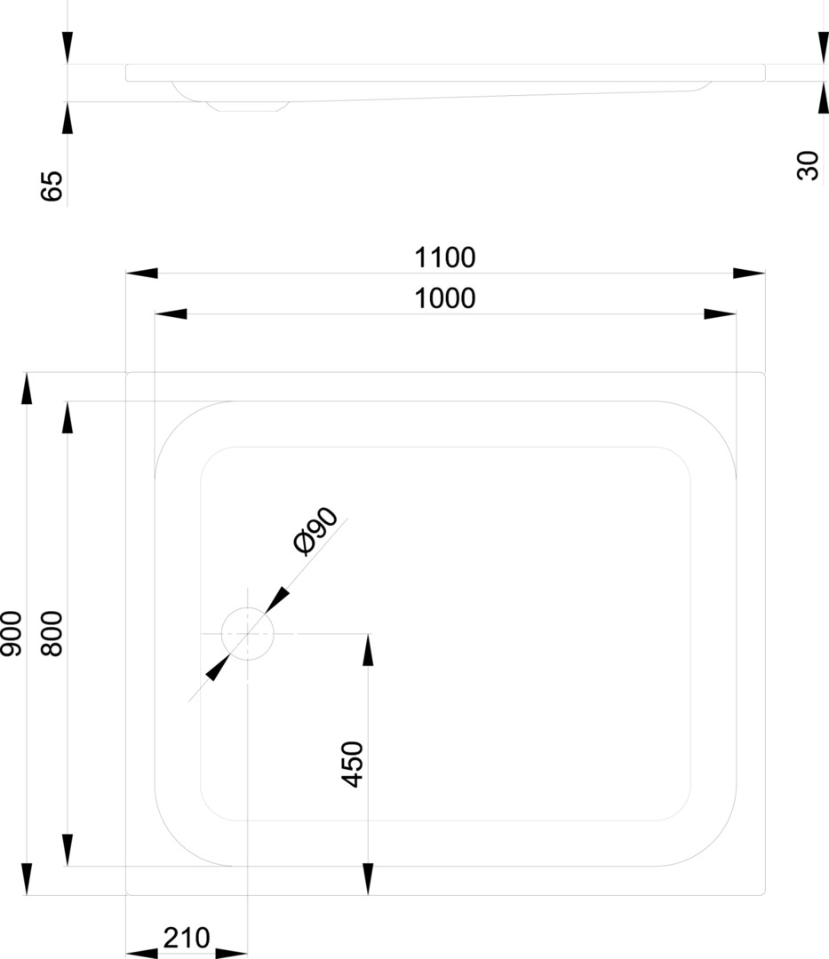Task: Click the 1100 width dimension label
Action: tap(445, 258)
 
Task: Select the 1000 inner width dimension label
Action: tap(445, 298)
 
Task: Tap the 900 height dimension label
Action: tap(12, 634)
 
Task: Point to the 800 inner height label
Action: tap(52, 634)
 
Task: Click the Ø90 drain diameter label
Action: tap(315, 531)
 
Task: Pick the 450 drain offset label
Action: tap(353, 765)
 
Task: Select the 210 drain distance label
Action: tap(187, 938)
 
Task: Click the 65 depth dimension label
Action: tap(52, 186)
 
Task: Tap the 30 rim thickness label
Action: tap(808, 165)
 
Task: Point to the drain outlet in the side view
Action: tap(247, 107)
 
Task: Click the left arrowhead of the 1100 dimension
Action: tap(142, 273)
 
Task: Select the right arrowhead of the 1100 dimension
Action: tap(749, 273)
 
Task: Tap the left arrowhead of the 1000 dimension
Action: tap(171, 313)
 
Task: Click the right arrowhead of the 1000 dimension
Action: tap(720, 313)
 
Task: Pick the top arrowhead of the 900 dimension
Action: tap(27, 388)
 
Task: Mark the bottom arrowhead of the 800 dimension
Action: tap(68, 850)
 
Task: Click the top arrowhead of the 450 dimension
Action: tap(368, 649)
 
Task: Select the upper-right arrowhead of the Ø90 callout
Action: tap(277, 599)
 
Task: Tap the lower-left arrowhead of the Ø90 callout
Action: tap(218, 668)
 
